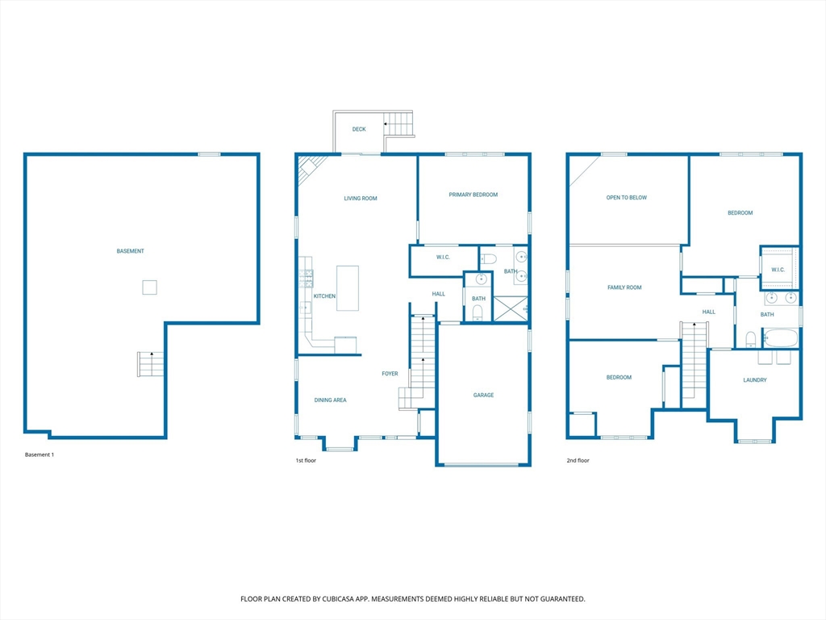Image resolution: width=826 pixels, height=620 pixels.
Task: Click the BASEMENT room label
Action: click(130, 251)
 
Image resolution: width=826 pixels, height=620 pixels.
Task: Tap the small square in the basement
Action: click(149, 287)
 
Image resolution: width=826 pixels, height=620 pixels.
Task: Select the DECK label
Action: click(359, 129)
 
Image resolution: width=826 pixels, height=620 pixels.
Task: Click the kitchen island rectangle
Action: click(348, 288)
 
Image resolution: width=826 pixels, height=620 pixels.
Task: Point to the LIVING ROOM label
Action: click(361, 199)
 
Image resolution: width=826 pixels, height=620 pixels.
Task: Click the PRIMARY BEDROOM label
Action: click(473, 195)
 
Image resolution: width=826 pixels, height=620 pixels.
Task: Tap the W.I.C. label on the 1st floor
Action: click(443, 258)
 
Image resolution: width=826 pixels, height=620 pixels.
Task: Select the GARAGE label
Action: click(483, 395)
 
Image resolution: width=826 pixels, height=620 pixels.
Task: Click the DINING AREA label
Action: click(330, 400)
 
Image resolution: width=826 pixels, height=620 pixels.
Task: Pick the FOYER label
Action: click(390, 374)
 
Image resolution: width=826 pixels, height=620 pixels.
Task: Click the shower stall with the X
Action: click(511, 308)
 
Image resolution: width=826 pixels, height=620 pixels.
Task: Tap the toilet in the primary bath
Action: click(489, 259)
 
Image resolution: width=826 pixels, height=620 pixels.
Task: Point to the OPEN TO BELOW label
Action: click(626, 198)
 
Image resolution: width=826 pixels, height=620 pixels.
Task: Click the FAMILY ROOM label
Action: click(624, 287)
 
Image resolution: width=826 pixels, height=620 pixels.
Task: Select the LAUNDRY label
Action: click(755, 380)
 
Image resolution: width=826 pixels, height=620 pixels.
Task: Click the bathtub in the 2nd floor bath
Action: click(781, 338)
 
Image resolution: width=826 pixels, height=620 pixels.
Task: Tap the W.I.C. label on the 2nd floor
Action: click(778, 270)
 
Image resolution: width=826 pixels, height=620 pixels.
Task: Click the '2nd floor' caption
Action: click(578, 460)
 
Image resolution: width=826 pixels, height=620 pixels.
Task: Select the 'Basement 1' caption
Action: click(40, 455)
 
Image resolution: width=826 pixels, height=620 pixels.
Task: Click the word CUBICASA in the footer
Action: click(341, 599)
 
